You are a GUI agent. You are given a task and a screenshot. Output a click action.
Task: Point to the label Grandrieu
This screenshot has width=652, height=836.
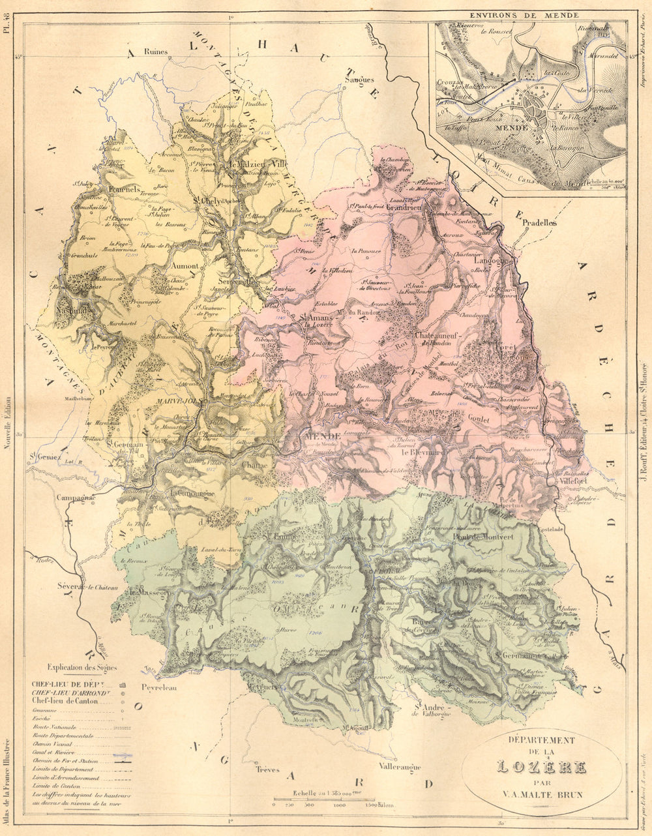click(x=405, y=207)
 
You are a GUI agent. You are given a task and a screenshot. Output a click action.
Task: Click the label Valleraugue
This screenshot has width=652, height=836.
click(x=400, y=767)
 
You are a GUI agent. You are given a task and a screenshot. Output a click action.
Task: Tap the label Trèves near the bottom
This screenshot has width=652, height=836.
click(x=267, y=769)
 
